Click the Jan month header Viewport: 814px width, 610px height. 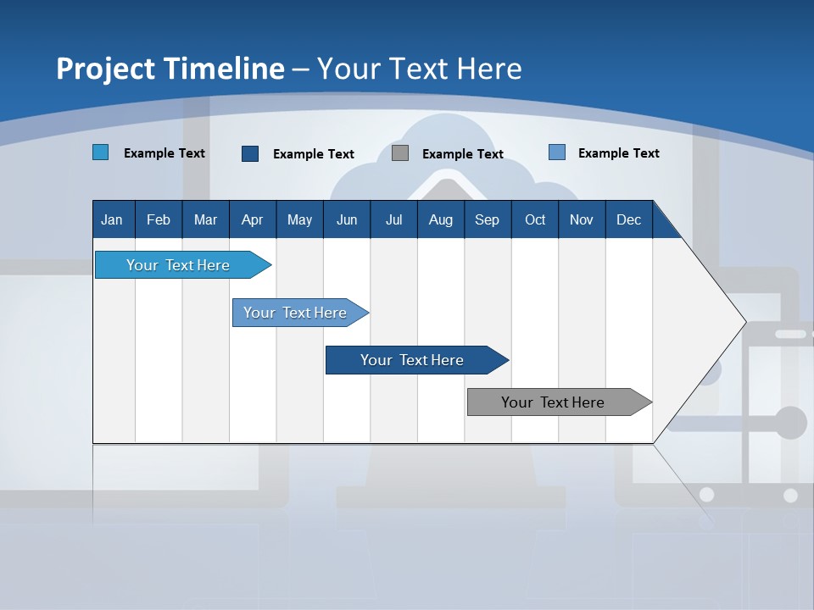pyautogui.click(x=112, y=219)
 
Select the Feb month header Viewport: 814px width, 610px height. pyautogui.click(x=159, y=219)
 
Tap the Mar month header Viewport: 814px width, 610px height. pyautogui.click(x=205, y=219)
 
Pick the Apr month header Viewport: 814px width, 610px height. pyautogui.click(x=253, y=219)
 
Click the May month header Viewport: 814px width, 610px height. pyautogui.click(x=299, y=219)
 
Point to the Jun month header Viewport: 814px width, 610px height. pyautogui.click(x=347, y=219)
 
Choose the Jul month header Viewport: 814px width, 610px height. pyautogui.click(x=393, y=219)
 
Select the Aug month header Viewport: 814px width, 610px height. pyautogui.click(x=441, y=219)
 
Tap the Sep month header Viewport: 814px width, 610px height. pyautogui.click(x=488, y=219)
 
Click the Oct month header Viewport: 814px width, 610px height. pyautogui.click(x=535, y=219)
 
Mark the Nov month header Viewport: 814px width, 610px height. pyautogui.click(x=582, y=219)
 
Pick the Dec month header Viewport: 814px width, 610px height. pyautogui.click(x=629, y=219)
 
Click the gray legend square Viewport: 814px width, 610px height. pyautogui.click(x=400, y=153)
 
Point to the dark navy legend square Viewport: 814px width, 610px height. pyautogui.click(x=250, y=153)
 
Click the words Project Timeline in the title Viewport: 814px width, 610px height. pyautogui.click(x=170, y=69)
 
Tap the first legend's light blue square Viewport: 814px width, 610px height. pyautogui.click(x=101, y=152)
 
